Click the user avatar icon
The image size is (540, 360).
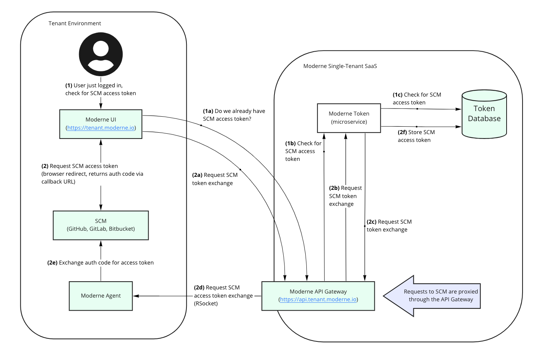101,54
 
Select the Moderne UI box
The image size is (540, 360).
101,120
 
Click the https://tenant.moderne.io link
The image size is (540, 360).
101,128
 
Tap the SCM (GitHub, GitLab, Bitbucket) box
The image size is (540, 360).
101,225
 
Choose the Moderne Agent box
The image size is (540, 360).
101,296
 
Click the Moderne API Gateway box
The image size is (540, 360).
318,292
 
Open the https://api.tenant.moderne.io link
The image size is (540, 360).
318,299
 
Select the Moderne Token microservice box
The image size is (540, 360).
349,118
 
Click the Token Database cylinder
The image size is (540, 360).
484,114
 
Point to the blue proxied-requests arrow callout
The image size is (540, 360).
435,296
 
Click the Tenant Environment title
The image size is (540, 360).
75,23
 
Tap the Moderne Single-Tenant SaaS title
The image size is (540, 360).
340,66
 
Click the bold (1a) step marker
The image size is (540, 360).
208,111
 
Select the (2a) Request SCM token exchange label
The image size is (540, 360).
215,179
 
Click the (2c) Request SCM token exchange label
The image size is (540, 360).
389,226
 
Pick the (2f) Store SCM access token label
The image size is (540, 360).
416,136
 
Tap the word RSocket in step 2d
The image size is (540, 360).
206,304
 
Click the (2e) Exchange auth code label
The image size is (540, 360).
100,263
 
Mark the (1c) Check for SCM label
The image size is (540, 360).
417,98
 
